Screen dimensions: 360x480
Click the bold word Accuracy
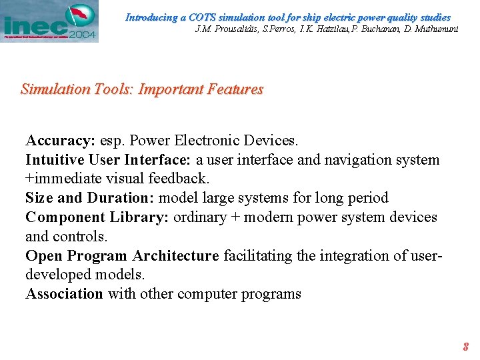(x=60, y=141)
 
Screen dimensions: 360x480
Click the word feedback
(x=178, y=179)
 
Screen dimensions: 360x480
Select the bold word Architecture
(x=175, y=256)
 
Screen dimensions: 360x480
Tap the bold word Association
(x=64, y=294)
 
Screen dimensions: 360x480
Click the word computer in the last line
(x=208, y=294)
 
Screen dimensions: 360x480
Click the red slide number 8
(x=466, y=347)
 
